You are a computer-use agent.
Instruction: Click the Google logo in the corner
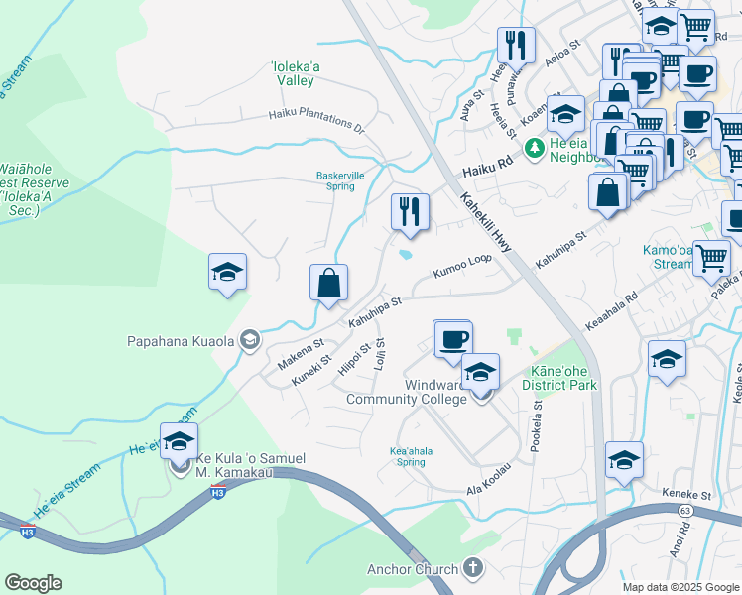point(33,583)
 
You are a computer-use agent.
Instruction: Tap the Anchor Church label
point(413,569)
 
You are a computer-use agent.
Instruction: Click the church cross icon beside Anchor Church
point(474,568)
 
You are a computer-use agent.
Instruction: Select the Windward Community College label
point(406,392)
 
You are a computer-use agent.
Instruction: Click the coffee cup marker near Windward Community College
point(453,339)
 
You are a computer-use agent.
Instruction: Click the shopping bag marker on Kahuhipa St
point(328,283)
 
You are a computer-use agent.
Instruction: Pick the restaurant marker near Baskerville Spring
point(409,211)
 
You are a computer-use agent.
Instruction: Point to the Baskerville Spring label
point(335,180)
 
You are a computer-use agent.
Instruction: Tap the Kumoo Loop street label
point(460,266)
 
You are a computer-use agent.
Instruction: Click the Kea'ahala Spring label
point(411,455)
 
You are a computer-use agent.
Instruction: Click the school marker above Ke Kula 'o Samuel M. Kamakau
point(180,442)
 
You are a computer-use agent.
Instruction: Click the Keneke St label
point(688,494)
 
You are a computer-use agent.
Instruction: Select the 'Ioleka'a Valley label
point(295,74)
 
